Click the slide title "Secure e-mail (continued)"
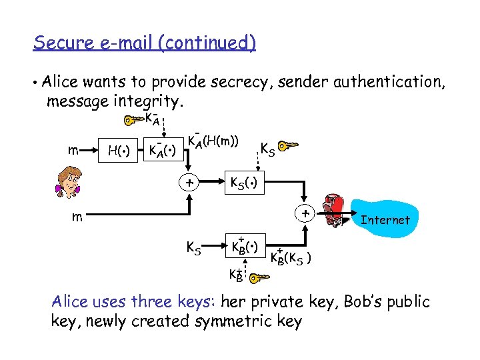click(145, 43)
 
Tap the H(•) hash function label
click(119, 151)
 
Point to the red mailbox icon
click(334, 213)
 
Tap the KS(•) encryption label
click(244, 182)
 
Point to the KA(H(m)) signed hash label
click(213, 141)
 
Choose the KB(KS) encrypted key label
click(293, 257)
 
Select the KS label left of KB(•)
click(193, 249)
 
